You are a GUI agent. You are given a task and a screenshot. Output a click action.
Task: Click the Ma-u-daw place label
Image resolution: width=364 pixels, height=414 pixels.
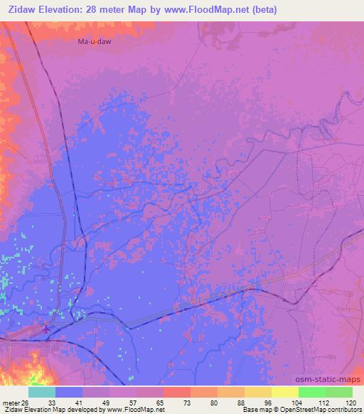(x=95, y=42)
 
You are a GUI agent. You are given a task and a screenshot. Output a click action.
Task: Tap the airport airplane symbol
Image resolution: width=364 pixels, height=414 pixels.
(x=47, y=329)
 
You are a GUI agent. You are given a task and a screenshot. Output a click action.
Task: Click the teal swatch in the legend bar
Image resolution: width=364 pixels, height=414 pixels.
(x=42, y=392)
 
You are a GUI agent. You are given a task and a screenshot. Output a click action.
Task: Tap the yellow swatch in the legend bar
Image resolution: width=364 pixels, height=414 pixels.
(x=285, y=392)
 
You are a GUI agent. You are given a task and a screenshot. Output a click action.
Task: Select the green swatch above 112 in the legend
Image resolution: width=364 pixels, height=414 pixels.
(x=312, y=392)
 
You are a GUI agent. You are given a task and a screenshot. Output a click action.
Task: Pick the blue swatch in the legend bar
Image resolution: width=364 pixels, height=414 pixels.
(x=69, y=392)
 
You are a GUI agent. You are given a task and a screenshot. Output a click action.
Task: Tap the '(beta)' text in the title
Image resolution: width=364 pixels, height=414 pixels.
(x=262, y=10)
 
